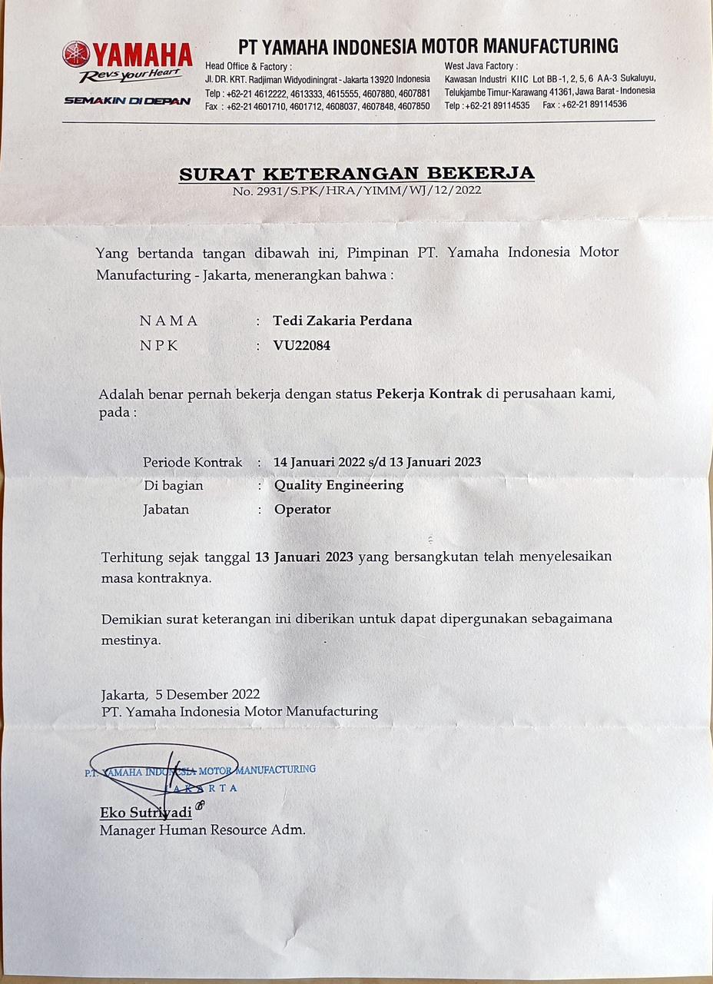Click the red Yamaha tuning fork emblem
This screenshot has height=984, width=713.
(x=76, y=54)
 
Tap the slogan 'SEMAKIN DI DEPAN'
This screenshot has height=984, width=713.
(x=128, y=101)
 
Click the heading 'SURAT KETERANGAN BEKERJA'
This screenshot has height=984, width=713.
(x=356, y=174)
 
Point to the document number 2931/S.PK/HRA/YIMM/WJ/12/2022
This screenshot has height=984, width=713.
(x=357, y=191)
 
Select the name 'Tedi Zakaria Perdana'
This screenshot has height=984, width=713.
(x=343, y=321)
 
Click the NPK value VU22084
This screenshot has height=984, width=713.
(x=302, y=346)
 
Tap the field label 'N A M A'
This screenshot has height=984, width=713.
(x=169, y=321)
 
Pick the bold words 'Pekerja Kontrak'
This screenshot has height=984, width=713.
(x=429, y=394)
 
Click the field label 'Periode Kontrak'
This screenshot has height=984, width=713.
(x=192, y=462)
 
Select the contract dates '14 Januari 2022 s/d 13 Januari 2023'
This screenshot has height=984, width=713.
(x=377, y=462)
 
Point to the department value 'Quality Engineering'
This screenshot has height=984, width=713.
(x=339, y=485)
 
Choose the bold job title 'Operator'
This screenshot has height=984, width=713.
(x=303, y=509)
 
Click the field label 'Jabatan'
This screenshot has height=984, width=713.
(x=166, y=509)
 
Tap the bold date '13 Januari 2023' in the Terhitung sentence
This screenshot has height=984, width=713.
(x=304, y=557)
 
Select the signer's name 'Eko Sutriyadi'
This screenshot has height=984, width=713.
(x=146, y=813)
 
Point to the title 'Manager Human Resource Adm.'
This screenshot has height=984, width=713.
(x=203, y=830)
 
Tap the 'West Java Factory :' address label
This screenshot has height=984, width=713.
(x=481, y=66)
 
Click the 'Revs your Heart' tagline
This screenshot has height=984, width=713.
(x=131, y=75)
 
